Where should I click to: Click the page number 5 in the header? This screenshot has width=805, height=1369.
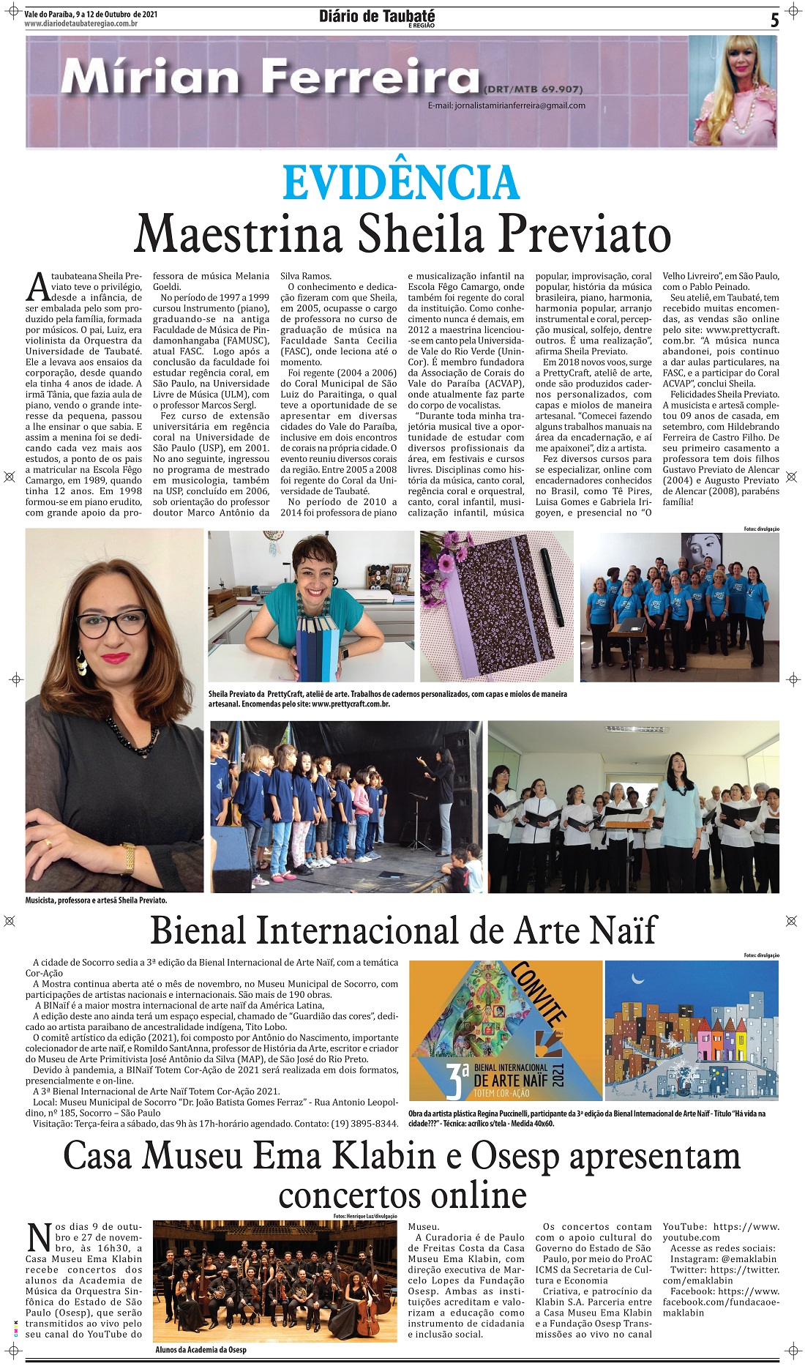coord(774,20)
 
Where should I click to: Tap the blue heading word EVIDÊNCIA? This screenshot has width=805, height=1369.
coord(401,183)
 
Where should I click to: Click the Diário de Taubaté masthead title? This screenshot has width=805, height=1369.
coord(377,16)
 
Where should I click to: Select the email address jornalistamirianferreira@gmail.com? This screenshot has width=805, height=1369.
coord(506,105)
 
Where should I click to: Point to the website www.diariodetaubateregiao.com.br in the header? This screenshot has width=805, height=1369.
coord(81,24)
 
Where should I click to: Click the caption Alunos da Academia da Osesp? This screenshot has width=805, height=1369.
coord(201,1349)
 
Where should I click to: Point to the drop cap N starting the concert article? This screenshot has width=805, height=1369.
coord(39,1236)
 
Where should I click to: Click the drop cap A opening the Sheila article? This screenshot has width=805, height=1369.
coord(37,288)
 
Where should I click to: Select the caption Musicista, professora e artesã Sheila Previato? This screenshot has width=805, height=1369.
coord(96,900)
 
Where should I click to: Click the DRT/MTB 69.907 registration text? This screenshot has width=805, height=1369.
coord(533,89)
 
